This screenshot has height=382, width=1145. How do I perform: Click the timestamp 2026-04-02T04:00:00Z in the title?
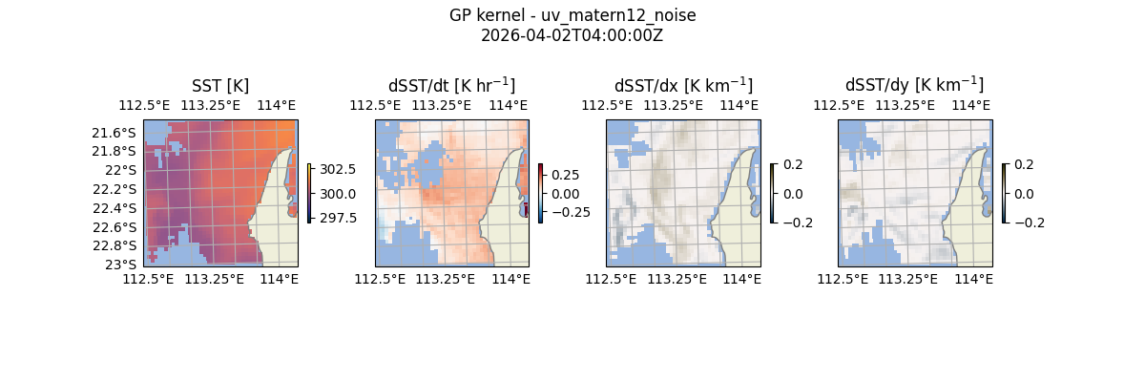click(572, 35)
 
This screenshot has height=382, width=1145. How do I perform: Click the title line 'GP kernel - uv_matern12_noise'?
click(572, 15)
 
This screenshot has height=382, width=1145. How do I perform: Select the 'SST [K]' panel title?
click(219, 85)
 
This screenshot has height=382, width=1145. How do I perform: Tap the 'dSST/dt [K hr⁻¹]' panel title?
click(451, 85)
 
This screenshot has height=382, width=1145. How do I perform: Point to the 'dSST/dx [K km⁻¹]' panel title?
click(683, 85)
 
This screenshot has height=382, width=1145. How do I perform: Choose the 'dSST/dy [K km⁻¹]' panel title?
click(914, 85)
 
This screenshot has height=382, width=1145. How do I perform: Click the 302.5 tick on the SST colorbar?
click(338, 169)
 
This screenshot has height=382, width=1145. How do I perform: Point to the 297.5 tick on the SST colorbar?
click(338, 218)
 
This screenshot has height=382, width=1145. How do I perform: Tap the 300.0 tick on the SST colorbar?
click(338, 194)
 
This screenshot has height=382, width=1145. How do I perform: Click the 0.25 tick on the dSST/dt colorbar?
click(566, 175)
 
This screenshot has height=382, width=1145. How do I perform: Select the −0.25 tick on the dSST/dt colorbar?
click(571, 212)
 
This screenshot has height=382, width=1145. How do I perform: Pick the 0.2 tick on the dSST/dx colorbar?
click(793, 164)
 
